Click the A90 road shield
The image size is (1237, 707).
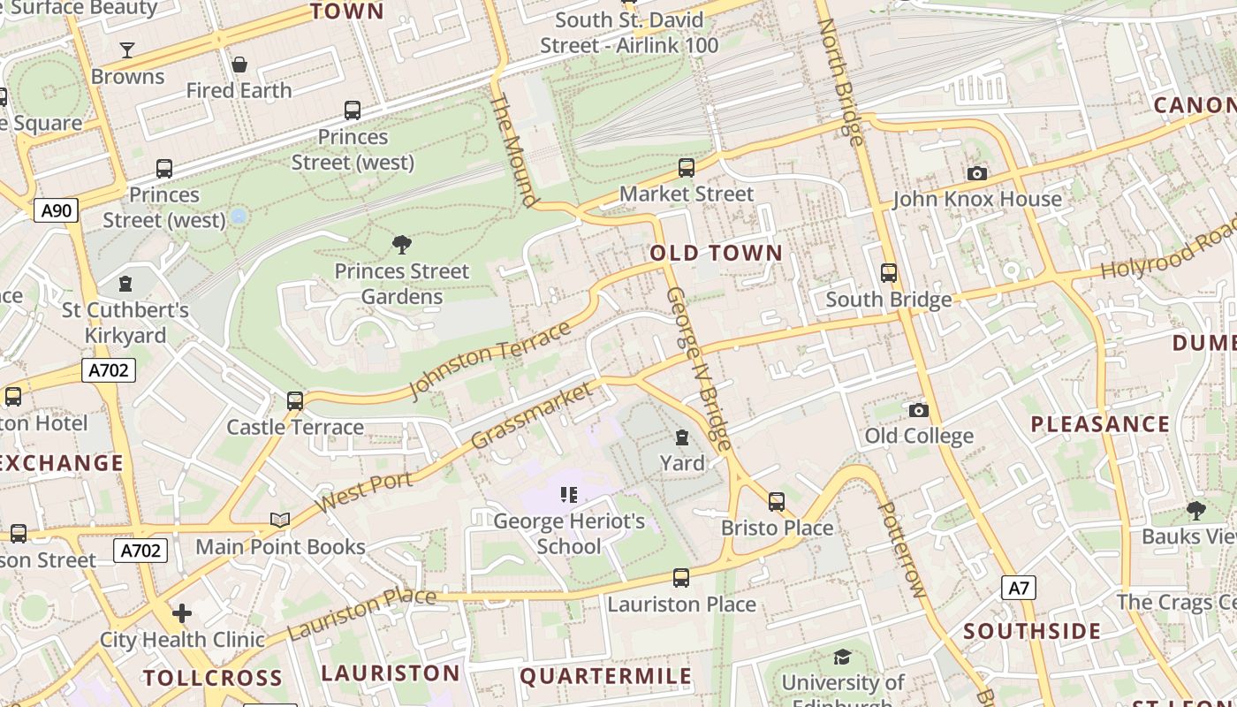(57, 210)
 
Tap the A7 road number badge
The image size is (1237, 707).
(1019, 588)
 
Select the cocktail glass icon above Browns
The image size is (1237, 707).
(127, 50)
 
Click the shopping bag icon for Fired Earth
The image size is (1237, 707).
(239, 65)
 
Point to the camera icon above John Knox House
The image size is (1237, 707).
(976, 173)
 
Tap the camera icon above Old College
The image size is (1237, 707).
(919, 410)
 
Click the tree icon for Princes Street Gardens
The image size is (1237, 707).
(402, 245)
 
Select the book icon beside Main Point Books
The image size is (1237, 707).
(280, 521)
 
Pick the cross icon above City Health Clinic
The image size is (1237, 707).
(182, 613)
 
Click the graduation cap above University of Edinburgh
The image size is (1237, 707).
(842, 657)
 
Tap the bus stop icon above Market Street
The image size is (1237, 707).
(687, 168)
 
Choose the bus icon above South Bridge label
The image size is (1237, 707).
(889, 273)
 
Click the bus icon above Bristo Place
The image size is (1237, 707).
(777, 502)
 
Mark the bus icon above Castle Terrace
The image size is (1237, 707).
(295, 401)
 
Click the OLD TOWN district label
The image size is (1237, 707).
(717, 254)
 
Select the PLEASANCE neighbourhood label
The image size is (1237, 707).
(1100, 424)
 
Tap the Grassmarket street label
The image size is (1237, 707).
(532, 414)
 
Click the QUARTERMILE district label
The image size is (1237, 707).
(606, 677)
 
